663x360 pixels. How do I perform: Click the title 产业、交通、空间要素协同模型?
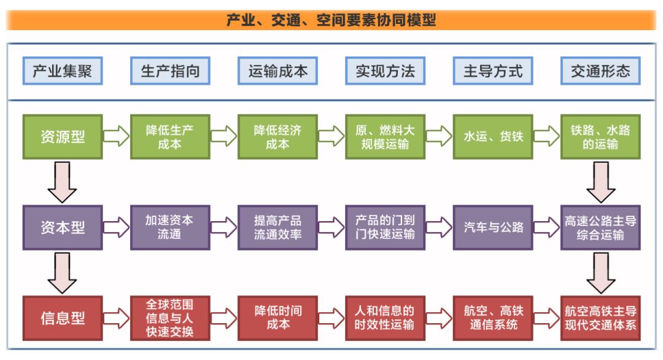click(x=331, y=20)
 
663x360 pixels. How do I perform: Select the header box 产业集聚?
click(x=63, y=71)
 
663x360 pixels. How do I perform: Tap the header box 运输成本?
click(x=277, y=71)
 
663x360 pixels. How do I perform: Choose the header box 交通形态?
click(x=600, y=71)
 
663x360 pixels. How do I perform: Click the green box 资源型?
click(x=63, y=136)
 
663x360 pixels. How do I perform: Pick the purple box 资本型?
click(x=63, y=227)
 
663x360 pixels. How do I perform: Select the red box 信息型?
click(x=63, y=318)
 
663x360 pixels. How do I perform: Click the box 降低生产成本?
click(x=170, y=136)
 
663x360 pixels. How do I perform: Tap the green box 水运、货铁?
click(x=493, y=136)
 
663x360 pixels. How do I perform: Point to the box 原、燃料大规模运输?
click(x=385, y=136)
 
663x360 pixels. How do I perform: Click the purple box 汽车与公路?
click(x=493, y=227)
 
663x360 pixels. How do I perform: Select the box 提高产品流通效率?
click(x=277, y=227)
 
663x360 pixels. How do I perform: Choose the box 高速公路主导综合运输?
click(x=600, y=227)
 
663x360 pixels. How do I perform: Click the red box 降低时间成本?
click(x=277, y=318)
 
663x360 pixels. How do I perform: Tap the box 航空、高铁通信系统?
click(x=493, y=318)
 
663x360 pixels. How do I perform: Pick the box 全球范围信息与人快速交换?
click(x=170, y=318)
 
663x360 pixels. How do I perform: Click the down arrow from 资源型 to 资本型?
click(x=62, y=182)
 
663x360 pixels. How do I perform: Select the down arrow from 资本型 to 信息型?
click(x=62, y=272)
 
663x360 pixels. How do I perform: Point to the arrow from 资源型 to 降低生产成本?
click(x=116, y=136)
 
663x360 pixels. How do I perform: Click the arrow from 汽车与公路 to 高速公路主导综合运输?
click(x=546, y=227)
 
